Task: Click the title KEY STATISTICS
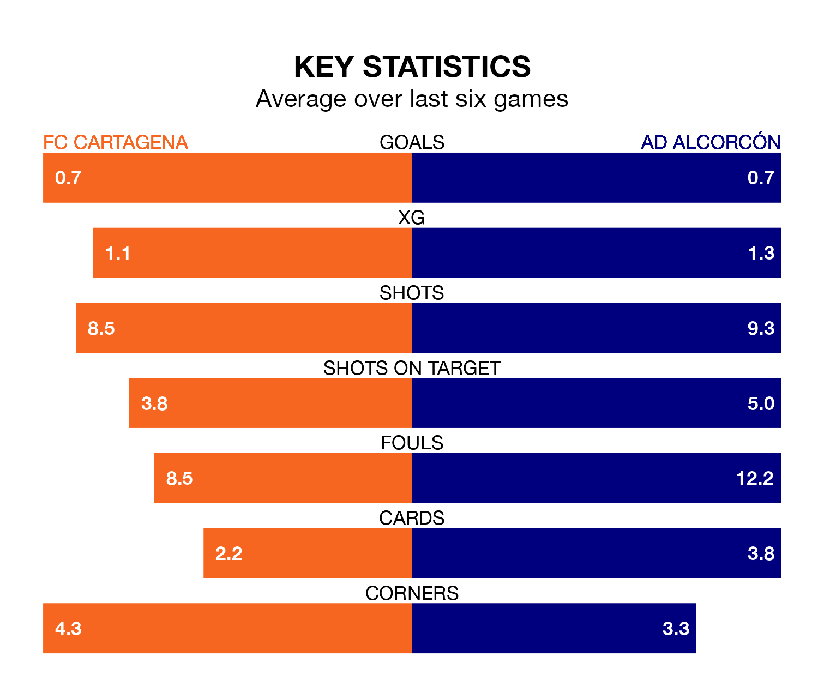(x=412, y=67)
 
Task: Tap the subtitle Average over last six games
(x=412, y=99)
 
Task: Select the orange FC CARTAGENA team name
(x=116, y=142)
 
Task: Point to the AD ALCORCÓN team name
(x=711, y=142)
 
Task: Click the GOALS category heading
(x=412, y=142)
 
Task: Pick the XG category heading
(x=412, y=218)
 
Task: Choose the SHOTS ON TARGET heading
(x=412, y=368)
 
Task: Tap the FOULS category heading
(x=412, y=443)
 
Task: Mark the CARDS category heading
(x=412, y=518)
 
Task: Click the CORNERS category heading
(x=412, y=593)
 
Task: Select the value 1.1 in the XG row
(x=118, y=254)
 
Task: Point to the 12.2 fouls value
(x=755, y=478)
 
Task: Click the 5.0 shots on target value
(x=761, y=403)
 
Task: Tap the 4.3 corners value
(x=68, y=629)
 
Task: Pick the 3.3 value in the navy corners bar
(x=676, y=629)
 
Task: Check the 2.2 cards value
(x=228, y=553)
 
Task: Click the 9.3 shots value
(x=761, y=328)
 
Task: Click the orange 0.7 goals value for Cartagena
(x=68, y=178)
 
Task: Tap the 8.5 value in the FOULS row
(x=179, y=478)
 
